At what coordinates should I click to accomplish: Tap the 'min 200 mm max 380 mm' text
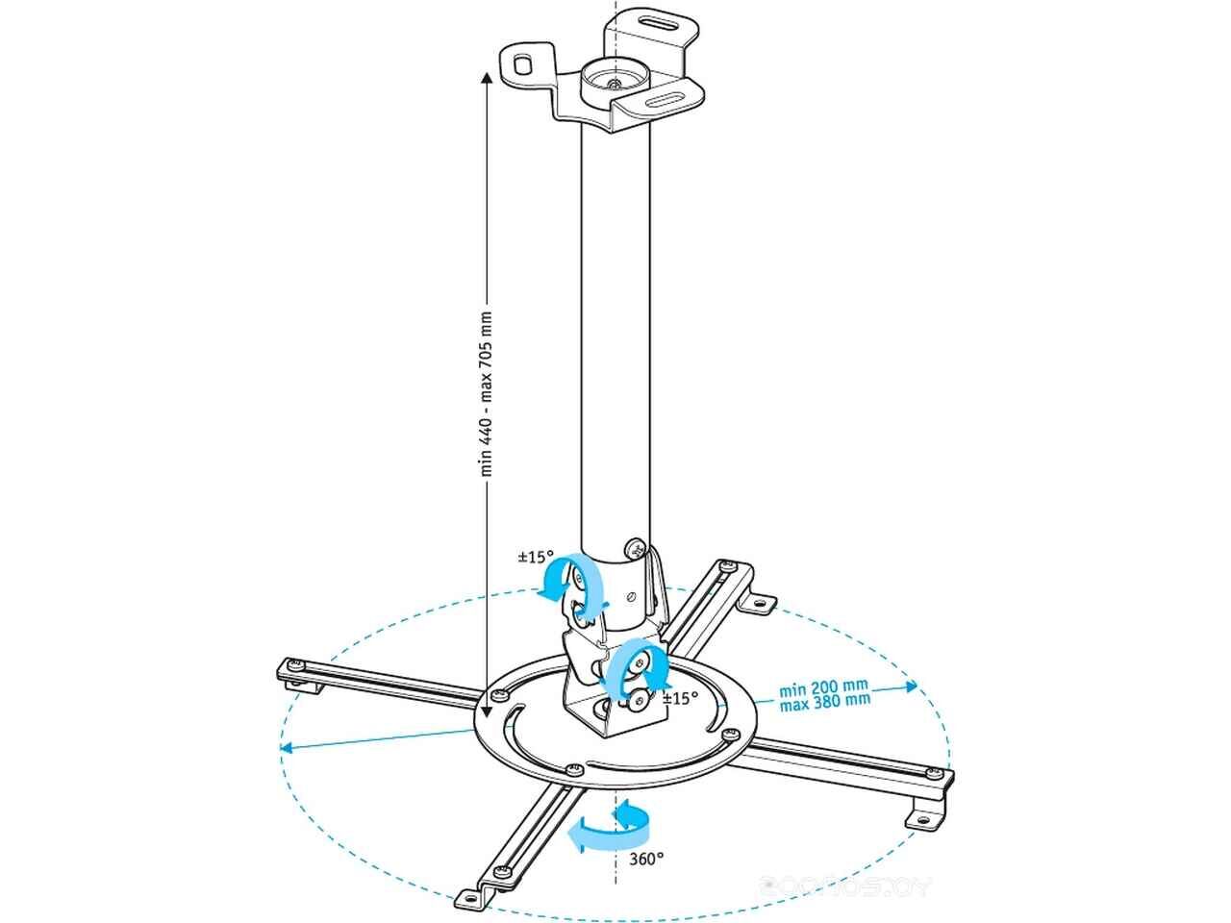pyautogui.click(x=824, y=694)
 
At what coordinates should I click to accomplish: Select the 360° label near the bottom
pyautogui.click(x=646, y=859)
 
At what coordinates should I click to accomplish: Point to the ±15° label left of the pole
pyautogui.click(x=535, y=557)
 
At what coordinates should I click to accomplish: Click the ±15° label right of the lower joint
pyautogui.click(x=680, y=699)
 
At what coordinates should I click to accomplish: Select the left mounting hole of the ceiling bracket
pyautogui.click(x=522, y=63)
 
